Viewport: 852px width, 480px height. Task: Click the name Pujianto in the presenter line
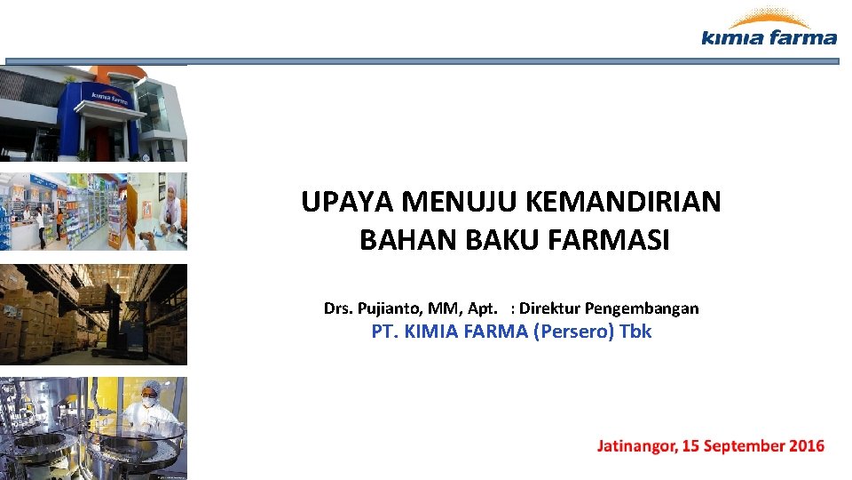click(x=390, y=309)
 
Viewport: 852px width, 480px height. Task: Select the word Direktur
click(x=550, y=309)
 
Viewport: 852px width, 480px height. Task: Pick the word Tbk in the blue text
click(x=635, y=332)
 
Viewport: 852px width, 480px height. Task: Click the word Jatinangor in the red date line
click(x=635, y=446)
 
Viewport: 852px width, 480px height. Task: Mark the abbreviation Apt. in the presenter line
click(x=485, y=309)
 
